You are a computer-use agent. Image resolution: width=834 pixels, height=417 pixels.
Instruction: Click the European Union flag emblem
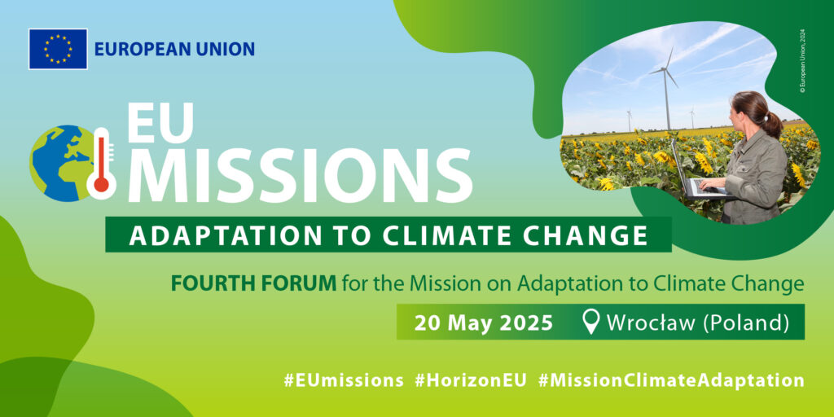[58, 49]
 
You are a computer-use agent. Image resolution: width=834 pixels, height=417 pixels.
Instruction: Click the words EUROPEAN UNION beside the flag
[174, 50]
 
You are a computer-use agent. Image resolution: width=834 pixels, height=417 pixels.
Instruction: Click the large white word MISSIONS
[300, 176]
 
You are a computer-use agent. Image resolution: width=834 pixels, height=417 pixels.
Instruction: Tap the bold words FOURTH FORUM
[253, 284]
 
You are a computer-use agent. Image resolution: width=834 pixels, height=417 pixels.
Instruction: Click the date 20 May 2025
[484, 323]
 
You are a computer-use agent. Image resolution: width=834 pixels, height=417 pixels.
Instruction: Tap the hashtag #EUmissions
[343, 380]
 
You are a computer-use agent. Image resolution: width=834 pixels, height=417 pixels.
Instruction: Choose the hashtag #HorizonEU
[470, 380]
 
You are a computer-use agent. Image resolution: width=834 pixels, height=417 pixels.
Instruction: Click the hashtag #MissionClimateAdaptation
[671, 381]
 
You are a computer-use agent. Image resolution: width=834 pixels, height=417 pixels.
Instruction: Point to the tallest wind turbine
[666, 88]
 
